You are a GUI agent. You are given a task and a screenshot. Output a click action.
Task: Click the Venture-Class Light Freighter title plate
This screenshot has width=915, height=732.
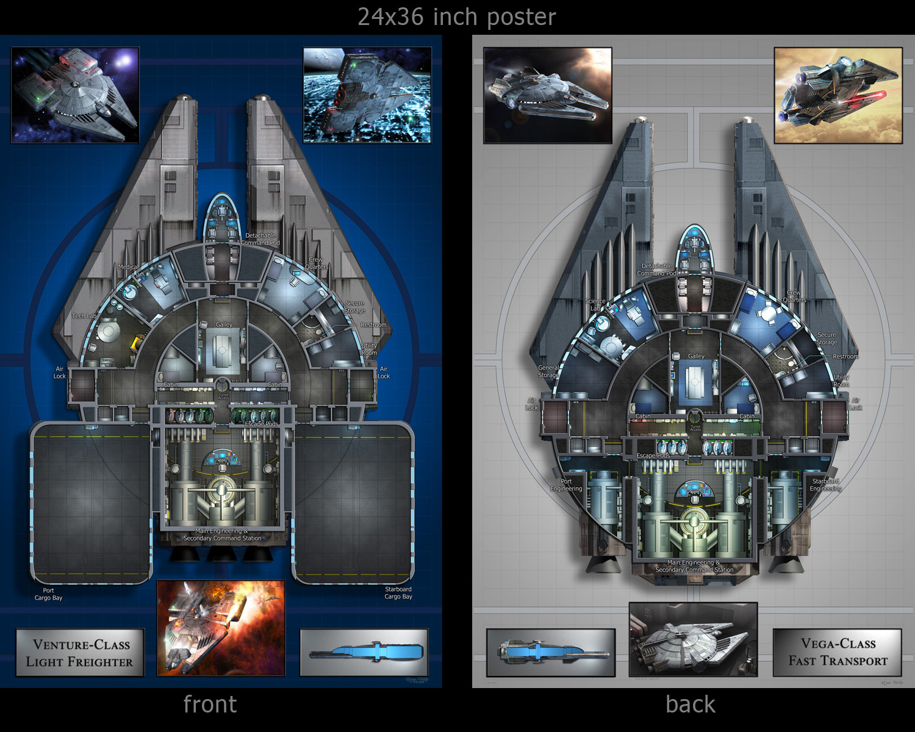80,653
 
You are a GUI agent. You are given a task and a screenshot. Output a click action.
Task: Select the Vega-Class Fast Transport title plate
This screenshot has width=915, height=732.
838,652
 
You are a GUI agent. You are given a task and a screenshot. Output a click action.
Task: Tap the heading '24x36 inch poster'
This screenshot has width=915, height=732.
456,17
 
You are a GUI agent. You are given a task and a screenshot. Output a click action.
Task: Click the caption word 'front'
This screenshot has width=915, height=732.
210,705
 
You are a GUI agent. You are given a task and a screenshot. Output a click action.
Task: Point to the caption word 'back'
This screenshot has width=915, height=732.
690,705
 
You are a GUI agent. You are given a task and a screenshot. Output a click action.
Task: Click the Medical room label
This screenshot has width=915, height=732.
127,267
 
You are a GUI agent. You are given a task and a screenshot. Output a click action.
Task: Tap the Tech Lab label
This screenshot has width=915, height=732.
84,316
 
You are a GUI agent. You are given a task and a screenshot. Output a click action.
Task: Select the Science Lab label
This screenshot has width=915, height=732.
595,304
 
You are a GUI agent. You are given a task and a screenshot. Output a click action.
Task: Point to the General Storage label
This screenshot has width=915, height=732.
548,371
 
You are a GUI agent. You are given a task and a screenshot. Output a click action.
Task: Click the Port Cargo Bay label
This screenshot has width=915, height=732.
48,594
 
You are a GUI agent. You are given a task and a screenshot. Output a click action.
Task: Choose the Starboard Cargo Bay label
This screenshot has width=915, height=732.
398,593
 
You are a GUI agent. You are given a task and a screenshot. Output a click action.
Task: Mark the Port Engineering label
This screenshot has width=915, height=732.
566,485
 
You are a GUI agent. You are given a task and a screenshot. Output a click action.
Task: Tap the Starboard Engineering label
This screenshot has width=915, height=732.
825,485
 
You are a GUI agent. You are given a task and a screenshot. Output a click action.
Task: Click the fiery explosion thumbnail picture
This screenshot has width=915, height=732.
221,628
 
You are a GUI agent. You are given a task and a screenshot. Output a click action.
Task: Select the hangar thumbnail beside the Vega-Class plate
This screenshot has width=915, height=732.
693,639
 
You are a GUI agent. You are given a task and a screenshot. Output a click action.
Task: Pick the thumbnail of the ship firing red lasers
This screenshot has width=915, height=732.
838,96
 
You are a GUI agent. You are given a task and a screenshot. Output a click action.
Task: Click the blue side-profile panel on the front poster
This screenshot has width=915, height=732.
364,653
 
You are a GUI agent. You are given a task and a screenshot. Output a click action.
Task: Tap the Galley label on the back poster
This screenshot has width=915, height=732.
696,356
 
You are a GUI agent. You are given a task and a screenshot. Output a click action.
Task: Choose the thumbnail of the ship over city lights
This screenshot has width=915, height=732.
367,96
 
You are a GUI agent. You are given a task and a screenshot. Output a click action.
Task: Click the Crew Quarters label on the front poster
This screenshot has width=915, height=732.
317,263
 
